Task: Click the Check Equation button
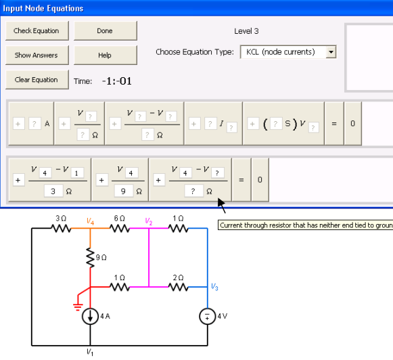[x=37, y=31]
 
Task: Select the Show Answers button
[x=37, y=55]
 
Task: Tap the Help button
[x=106, y=55]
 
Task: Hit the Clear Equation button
[x=37, y=80]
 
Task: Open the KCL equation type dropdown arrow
[x=331, y=52]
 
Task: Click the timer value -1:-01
[x=117, y=81]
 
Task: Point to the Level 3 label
[x=246, y=31]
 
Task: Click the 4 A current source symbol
[x=90, y=316]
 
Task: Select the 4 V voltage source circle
[x=207, y=316]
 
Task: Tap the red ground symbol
[x=78, y=307]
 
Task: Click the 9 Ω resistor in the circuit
[x=90, y=257]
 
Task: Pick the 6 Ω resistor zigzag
[x=120, y=228]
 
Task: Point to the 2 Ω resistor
[x=178, y=287]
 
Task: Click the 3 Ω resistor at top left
[x=61, y=228]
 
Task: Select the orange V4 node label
[x=90, y=221]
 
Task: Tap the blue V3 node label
[x=214, y=287]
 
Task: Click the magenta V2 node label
[x=149, y=221]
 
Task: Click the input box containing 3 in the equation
[x=53, y=192]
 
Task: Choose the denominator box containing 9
[x=123, y=192]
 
